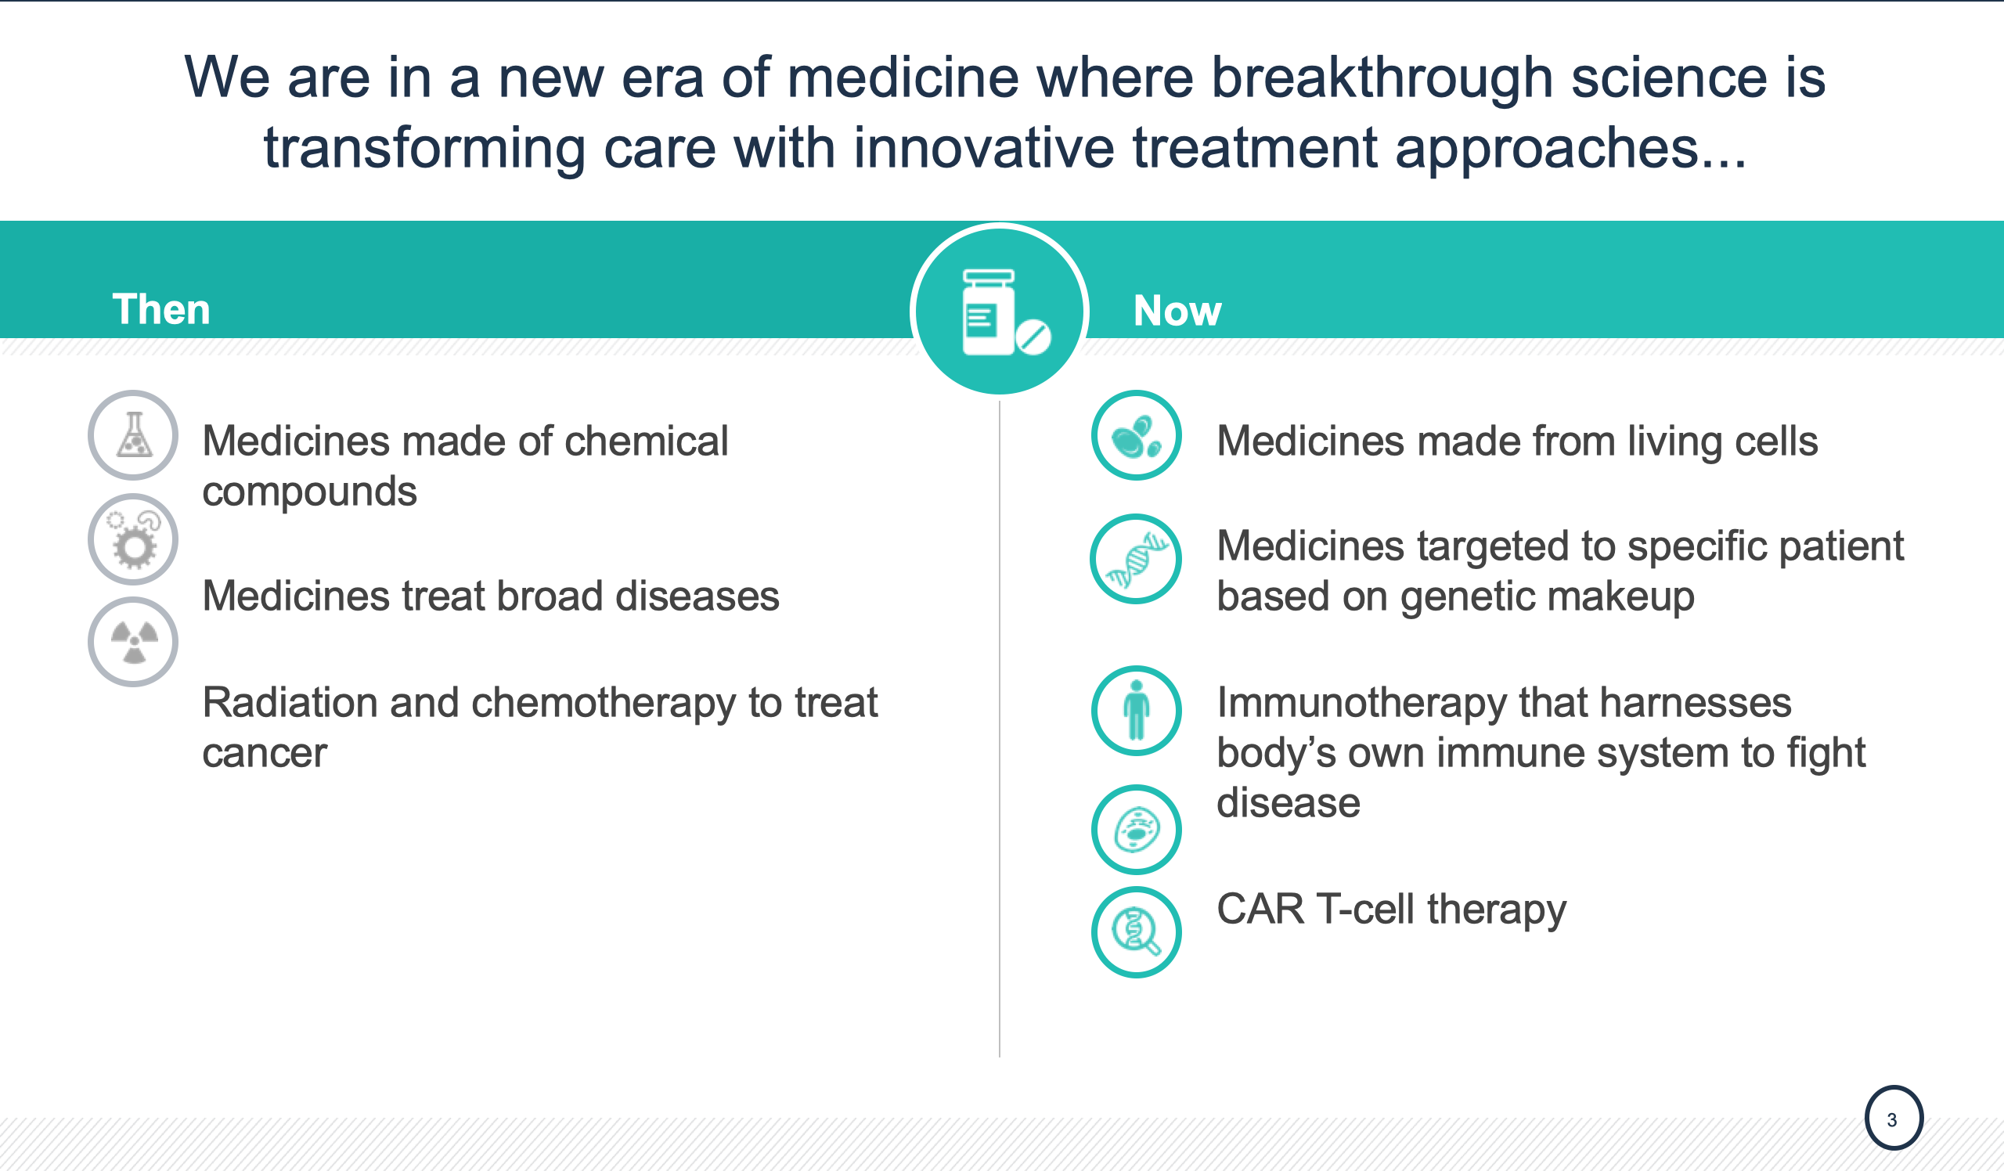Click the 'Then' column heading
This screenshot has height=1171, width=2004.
(161, 309)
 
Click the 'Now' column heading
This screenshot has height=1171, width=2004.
(1177, 310)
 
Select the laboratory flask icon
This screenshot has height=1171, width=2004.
(134, 435)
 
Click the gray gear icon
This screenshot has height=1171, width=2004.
(134, 539)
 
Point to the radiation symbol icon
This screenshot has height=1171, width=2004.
(134, 642)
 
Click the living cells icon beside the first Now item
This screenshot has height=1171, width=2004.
(1137, 435)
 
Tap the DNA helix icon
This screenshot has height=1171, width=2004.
(1137, 559)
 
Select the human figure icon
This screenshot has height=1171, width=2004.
(1137, 710)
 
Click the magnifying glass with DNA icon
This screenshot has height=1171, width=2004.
(1137, 931)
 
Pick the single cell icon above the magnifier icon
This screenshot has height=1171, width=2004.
(1137, 830)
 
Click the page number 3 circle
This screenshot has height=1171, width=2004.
(1894, 1118)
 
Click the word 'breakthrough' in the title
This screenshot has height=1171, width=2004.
(1382, 80)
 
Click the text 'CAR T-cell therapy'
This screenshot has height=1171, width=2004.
(1392, 910)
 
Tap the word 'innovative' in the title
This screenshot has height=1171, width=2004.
(985, 149)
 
